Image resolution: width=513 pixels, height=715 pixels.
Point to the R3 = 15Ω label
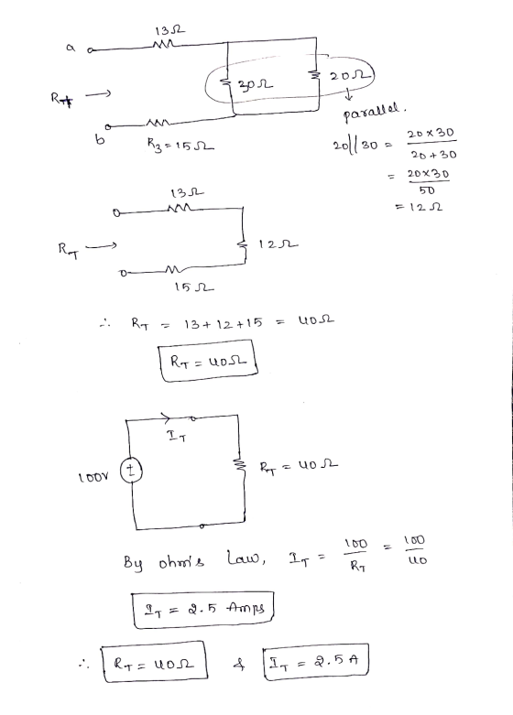181,145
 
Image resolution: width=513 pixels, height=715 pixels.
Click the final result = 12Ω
419,207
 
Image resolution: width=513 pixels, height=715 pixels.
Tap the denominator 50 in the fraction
427,190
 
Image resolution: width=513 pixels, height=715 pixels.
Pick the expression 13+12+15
224,323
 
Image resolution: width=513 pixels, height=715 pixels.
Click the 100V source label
93,477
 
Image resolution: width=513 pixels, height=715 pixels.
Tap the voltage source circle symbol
131,471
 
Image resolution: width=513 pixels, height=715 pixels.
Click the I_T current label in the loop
177,436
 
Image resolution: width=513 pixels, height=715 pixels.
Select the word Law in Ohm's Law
246,558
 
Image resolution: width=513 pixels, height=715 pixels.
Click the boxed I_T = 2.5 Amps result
203,610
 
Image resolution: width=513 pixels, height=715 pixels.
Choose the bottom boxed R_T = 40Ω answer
154,662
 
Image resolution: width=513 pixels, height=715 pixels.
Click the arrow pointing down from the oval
349,95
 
